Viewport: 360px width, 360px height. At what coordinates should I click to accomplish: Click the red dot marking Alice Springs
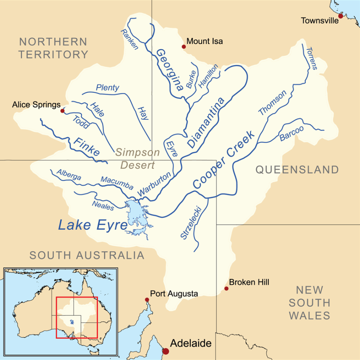click(x=62, y=111)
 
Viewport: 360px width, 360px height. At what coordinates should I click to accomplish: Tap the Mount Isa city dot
click(x=184, y=47)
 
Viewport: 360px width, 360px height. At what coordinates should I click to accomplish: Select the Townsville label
click(x=320, y=21)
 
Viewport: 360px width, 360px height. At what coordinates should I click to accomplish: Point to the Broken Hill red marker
click(x=226, y=289)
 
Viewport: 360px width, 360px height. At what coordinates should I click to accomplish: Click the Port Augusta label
click(x=174, y=294)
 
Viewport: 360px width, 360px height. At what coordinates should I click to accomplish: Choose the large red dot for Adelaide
click(x=166, y=351)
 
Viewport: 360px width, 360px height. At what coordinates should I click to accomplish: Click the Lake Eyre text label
click(x=93, y=225)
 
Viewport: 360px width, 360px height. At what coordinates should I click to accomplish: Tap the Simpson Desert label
click(x=138, y=159)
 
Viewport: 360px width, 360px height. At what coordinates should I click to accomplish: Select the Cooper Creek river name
click(x=224, y=160)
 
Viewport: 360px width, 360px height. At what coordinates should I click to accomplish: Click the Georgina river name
click(x=170, y=70)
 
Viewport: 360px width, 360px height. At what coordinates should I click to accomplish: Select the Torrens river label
click(x=312, y=58)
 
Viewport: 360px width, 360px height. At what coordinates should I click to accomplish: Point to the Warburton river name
click(x=154, y=184)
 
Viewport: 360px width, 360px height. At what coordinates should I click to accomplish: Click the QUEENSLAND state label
click(x=297, y=169)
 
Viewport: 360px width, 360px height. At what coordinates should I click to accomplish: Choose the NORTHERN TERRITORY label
click(x=53, y=48)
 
